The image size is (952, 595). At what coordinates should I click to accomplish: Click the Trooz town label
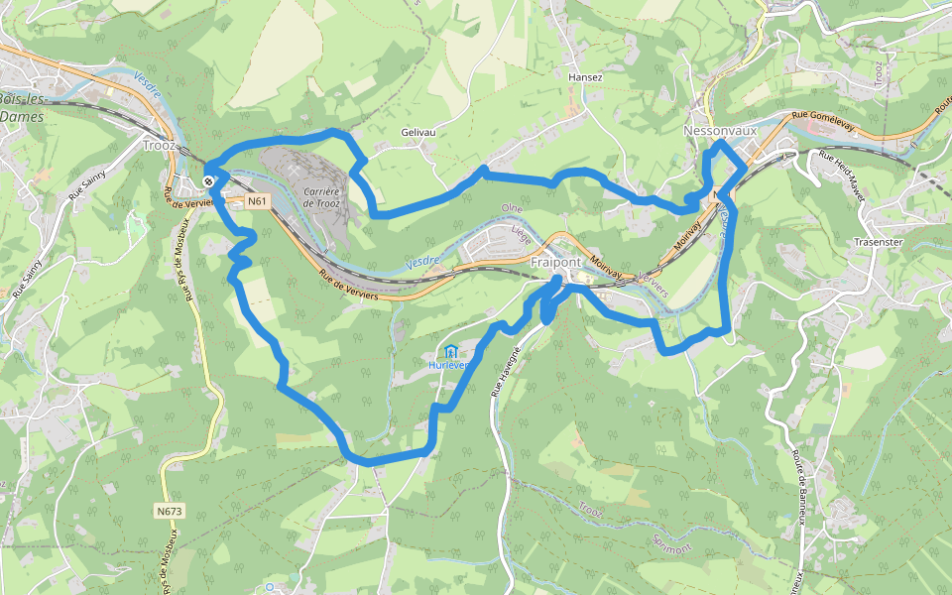tap(159, 145)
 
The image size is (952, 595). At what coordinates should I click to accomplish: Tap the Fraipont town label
tap(556, 262)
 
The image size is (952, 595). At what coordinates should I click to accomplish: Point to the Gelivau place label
tap(418, 132)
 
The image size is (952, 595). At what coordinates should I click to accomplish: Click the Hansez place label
tap(585, 76)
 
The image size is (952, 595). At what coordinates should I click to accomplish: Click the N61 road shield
tap(258, 201)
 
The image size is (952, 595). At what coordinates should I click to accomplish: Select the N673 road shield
tap(170, 512)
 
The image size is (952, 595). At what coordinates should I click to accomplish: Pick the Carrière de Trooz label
tap(322, 196)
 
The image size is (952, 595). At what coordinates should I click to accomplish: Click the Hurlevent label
tap(449, 365)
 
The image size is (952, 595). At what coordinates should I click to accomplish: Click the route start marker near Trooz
tap(209, 180)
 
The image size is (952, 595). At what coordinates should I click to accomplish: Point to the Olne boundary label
tap(512, 208)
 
